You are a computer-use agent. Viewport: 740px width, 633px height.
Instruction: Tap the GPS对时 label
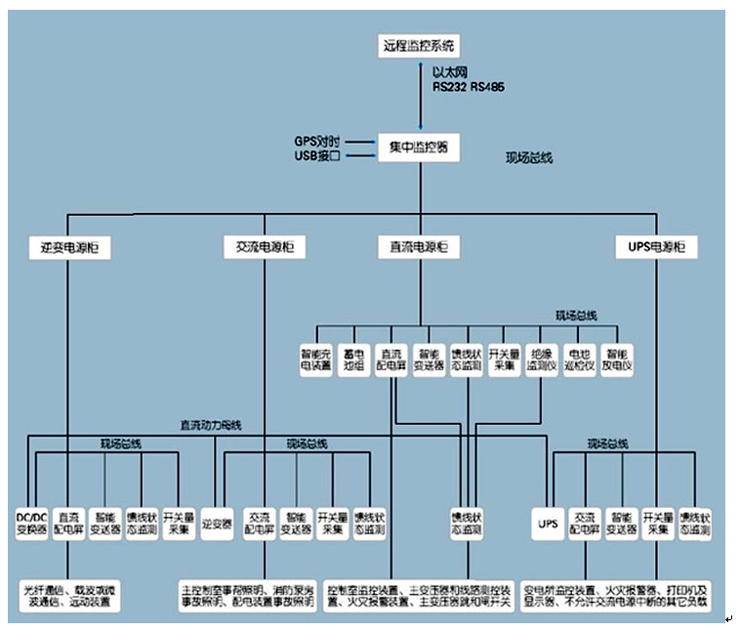click(x=317, y=141)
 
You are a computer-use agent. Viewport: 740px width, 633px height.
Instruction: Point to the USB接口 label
click(x=317, y=155)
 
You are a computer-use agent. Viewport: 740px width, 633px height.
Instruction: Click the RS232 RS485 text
click(x=470, y=87)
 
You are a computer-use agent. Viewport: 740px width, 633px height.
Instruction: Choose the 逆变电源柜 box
click(x=68, y=247)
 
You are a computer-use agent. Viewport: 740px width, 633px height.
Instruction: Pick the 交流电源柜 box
click(x=265, y=247)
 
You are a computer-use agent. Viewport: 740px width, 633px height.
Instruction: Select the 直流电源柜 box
click(x=418, y=247)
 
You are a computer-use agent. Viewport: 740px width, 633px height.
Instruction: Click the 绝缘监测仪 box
click(x=543, y=360)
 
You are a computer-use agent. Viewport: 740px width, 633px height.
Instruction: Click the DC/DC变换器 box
click(x=31, y=524)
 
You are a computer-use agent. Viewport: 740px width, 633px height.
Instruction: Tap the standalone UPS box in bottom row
click(x=547, y=524)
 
